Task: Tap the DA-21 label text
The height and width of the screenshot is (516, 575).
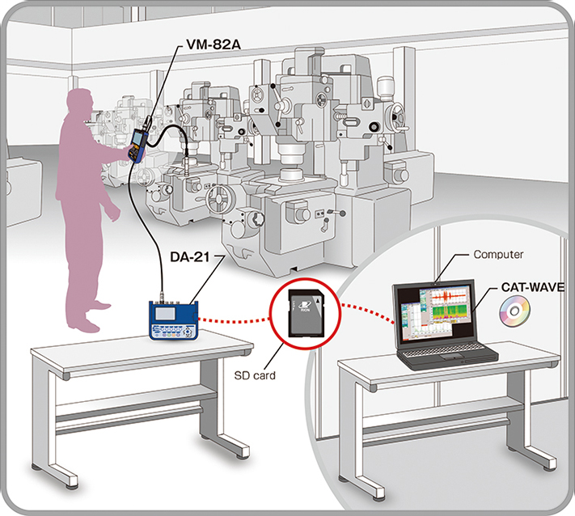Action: [x=182, y=257]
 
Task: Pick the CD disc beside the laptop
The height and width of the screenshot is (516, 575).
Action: [x=516, y=311]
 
